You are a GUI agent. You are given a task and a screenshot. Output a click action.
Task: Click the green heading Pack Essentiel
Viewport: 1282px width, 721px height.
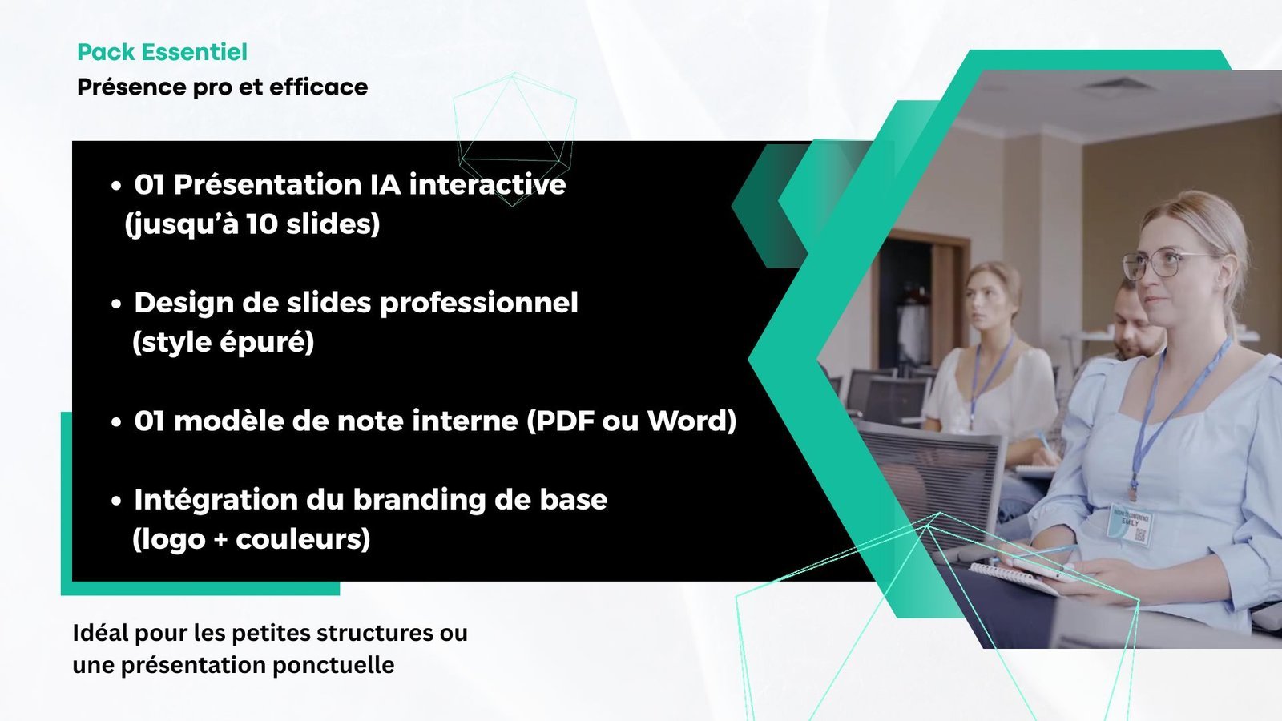(x=162, y=52)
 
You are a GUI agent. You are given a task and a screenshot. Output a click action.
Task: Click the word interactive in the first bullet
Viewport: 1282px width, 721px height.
(x=487, y=185)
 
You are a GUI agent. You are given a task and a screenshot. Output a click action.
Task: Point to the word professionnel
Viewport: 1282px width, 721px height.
(x=479, y=304)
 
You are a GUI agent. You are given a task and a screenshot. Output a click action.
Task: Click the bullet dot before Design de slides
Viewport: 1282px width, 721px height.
(x=116, y=304)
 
